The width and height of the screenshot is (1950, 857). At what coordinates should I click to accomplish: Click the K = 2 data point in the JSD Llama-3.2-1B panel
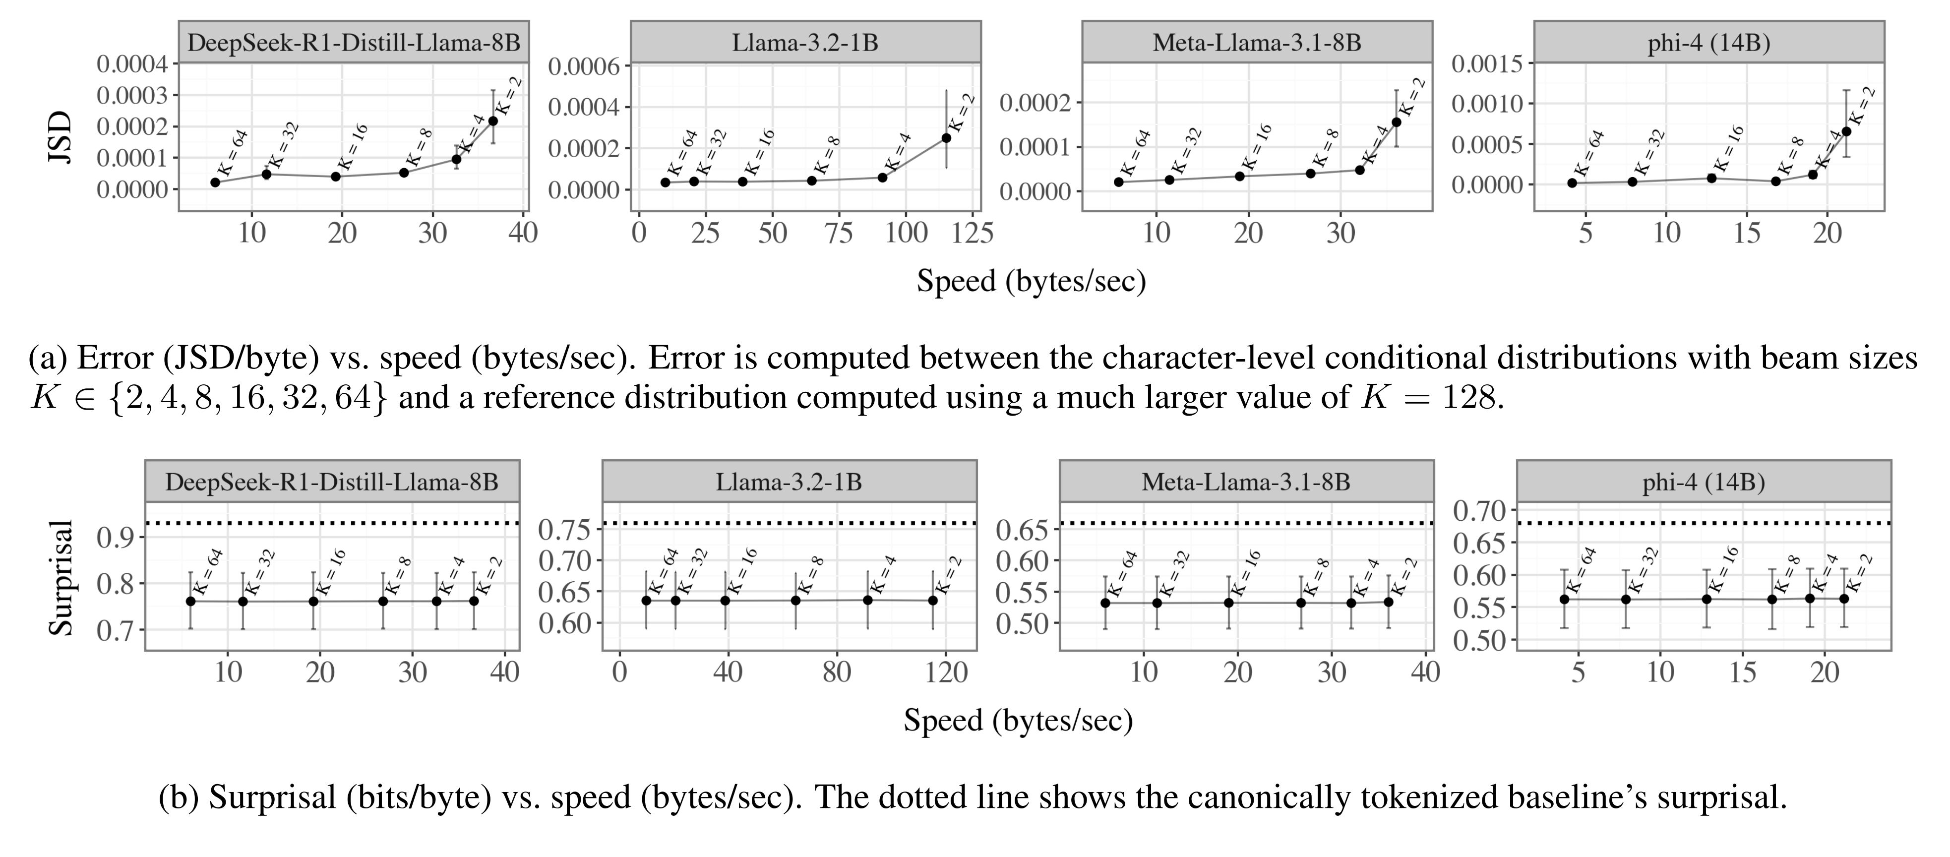[x=946, y=137]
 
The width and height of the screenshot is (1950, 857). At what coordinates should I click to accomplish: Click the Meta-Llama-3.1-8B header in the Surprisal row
[x=1246, y=482]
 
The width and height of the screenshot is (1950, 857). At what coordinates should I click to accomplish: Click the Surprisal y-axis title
[x=61, y=577]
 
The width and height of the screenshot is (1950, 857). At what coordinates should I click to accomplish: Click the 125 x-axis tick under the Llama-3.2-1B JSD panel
[x=973, y=233]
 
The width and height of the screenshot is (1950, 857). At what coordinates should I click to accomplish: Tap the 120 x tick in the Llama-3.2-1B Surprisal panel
[x=946, y=672]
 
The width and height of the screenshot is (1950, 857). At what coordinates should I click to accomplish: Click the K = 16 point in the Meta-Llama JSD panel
[x=1239, y=177]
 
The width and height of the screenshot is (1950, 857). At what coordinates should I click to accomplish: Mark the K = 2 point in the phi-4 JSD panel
[x=1846, y=131]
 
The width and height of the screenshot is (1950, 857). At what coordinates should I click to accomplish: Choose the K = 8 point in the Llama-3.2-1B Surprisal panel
[x=795, y=601]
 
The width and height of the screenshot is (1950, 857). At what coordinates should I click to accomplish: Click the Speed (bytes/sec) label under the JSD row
[x=1031, y=281]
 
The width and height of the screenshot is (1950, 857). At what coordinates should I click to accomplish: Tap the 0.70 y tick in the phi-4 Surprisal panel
[x=1478, y=511]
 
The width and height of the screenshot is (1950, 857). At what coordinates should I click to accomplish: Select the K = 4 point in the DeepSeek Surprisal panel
[x=437, y=601]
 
